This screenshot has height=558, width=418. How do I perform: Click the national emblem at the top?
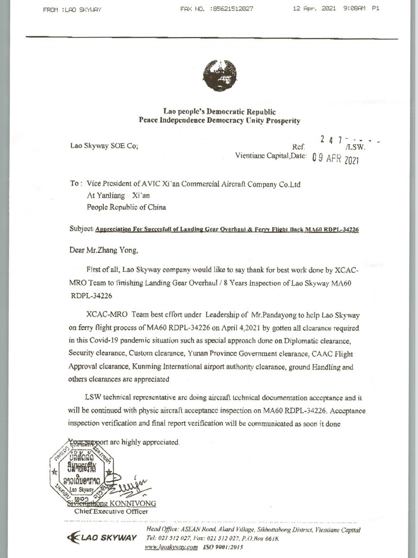220,76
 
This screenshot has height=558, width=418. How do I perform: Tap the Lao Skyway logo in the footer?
100,538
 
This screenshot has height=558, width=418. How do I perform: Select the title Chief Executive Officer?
111,511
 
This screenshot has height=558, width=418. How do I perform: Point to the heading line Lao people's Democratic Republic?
219,112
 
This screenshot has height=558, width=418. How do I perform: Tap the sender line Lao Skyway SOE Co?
104,146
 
